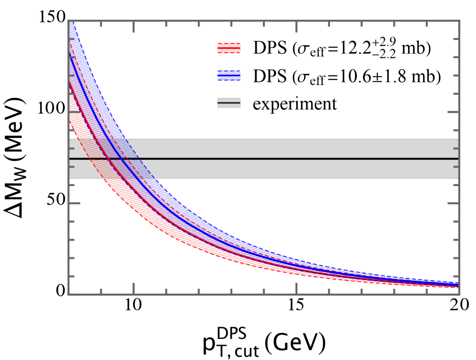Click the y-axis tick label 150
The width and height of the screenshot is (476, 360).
click(52, 17)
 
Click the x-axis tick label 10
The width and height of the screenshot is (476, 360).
click(133, 305)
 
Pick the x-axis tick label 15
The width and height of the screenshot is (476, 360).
click(296, 305)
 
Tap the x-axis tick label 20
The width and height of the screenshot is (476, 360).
click(460, 305)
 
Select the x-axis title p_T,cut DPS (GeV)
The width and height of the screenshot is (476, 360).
click(264, 343)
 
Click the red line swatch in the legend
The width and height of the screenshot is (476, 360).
click(229, 48)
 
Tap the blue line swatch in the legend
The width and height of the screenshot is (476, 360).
click(229, 75)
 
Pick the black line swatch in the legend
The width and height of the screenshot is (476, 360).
click(229, 103)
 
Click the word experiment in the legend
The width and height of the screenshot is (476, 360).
click(295, 104)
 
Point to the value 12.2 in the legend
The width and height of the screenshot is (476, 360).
click(351, 48)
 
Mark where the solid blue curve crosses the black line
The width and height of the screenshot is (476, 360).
click(121, 159)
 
